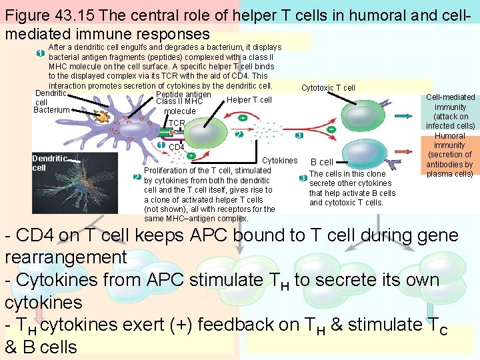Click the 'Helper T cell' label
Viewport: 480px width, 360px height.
click(x=249, y=100)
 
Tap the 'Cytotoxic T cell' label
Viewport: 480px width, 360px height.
click(x=328, y=87)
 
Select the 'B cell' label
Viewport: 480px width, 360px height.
click(x=322, y=161)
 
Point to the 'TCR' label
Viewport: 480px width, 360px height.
click(x=176, y=123)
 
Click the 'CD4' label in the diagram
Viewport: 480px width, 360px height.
click(x=176, y=147)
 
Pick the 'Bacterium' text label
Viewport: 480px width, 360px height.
click(x=51, y=110)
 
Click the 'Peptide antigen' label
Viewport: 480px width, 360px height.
click(x=183, y=94)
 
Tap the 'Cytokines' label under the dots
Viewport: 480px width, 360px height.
click(x=279, y=161)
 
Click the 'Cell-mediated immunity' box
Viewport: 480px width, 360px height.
click(x=450, y=111)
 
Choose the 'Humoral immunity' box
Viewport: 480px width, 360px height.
click(x=449, y=155)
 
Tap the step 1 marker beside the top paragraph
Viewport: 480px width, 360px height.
click(x=41, y=53)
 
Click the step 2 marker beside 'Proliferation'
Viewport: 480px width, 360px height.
click(x=136, y=177)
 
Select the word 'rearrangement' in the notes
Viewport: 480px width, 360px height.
click(x=65, y=257)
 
